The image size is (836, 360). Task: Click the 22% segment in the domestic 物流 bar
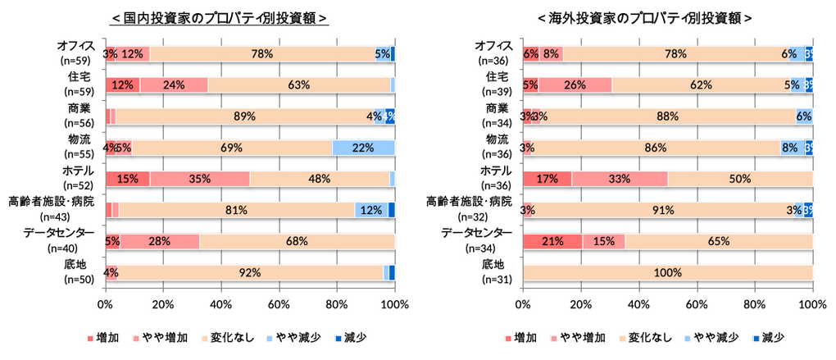click(363, 148)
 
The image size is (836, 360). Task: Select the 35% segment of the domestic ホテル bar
click(199, 179)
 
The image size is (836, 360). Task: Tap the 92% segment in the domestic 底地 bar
click(250, 272)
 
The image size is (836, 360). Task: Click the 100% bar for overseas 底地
click(667, 272)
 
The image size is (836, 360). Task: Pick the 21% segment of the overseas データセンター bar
click(552, 241)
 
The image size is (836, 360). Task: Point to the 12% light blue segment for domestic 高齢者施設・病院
click(370, 210)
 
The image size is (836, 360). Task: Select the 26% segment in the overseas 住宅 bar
click(575, 84)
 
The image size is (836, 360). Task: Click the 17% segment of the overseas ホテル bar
click(547, 179)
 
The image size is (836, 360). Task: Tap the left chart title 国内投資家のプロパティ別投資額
click(220, 18)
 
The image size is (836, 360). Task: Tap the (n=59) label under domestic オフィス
click(77, 61)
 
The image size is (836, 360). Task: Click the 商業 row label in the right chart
click(498, 108)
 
